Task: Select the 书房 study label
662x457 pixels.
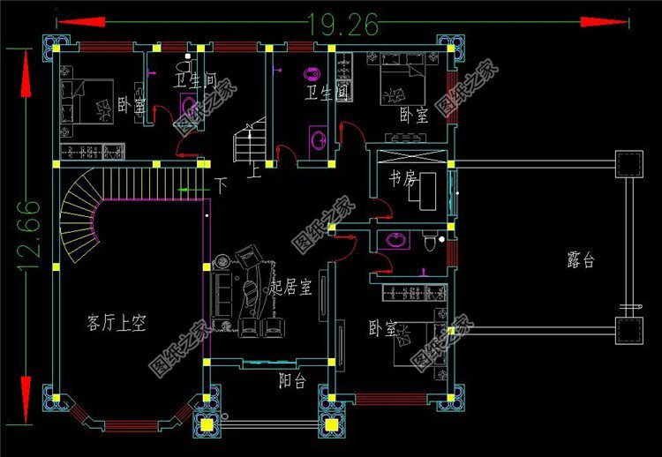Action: point(402,178)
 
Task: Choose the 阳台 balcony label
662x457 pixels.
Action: point(292,381)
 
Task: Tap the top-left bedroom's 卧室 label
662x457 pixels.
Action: point(132,105)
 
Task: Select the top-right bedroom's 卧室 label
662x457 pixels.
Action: point(412,115)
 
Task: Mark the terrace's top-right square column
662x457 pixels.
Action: point(628,165)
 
